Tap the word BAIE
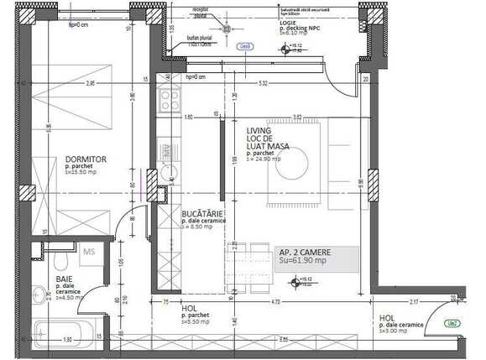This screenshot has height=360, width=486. tap(65, 279)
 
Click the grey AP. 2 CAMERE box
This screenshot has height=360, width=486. tap(316, 256)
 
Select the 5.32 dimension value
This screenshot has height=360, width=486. tap(263, 84)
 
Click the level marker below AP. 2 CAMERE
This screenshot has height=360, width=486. tap(294, 281)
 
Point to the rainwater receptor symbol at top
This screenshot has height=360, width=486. tap(225, 27)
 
